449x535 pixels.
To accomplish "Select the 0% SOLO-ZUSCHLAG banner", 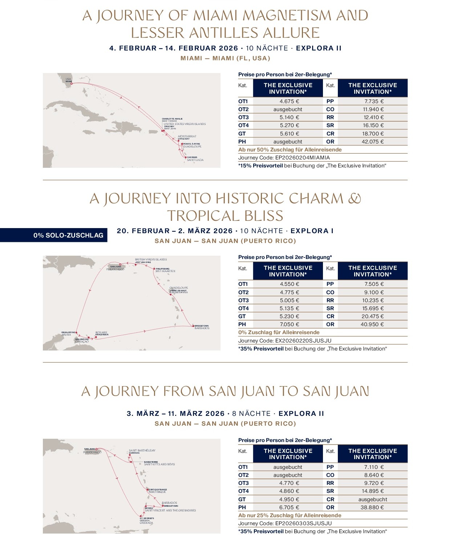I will pyautogui.click(x=68, y=235).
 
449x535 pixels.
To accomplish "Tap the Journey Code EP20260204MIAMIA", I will pyautogui.click(x=284, y=158).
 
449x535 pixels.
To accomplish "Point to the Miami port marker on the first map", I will pyautogui.click(x=72, y=84).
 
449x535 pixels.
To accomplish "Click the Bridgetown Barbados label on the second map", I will pyautogui.click(x=202, y=327).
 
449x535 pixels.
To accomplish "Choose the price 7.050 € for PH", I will pyautogui.click(x=289, y=324).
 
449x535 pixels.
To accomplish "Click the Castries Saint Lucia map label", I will pyautogui.click(x=195, y=159).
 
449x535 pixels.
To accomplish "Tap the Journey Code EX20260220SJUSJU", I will pyautogui.click(x=285, y=341).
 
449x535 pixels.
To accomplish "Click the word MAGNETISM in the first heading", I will pyautogui.click(x=287, y=16).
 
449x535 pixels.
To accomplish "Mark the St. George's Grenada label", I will pyautogui.click(x=146, y=520).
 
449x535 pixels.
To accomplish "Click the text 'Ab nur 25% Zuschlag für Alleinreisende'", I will pyautogui.click(x=290, y=515).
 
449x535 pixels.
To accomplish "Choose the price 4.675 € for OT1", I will pyautogui.click(x=289, y=101).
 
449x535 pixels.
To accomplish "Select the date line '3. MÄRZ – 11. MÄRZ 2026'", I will pyautogui.click(x=176, y=414).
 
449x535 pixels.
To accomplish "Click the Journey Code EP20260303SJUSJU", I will pyautogui.click(x=285, y=523).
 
